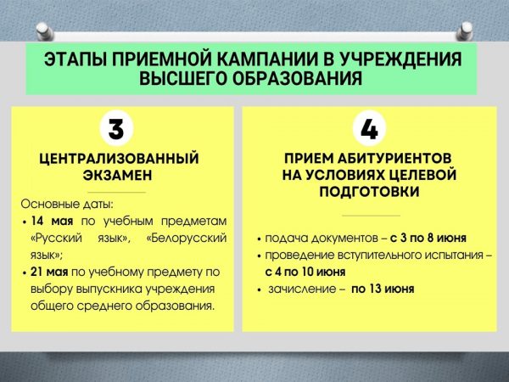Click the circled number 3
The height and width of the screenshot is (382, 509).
(116, 129)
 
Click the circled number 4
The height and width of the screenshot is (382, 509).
(369, 129)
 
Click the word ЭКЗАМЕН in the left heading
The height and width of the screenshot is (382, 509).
(118, 176)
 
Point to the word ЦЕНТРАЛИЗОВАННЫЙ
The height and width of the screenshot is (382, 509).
(119, 159)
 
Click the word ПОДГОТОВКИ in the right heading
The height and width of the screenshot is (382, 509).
(369, 191)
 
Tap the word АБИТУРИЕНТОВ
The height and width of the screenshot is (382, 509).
(394, 159)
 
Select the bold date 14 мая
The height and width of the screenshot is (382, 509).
(52, 222)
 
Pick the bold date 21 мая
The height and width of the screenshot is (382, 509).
(49, 272)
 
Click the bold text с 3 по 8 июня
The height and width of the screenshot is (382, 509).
(428, 238)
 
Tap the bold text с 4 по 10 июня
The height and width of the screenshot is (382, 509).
(305, 272)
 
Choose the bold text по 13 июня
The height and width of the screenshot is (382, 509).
(383, 289)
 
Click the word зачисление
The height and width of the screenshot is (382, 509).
(302, 289)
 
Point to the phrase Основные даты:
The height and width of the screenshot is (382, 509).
(67, 204)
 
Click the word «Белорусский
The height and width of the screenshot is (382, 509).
(187, 238)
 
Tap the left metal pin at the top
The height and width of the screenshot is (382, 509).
(44, 31)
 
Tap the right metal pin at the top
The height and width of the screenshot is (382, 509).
(465, 31)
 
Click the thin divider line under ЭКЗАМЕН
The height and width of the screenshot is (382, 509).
(116, 193)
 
